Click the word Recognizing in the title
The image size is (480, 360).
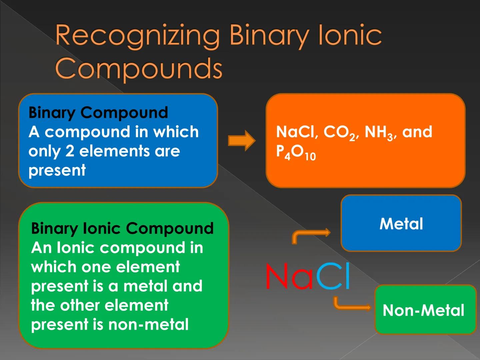point(137,36)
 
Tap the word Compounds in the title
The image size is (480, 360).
point(138,68)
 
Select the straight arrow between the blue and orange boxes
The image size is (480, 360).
point(242,141)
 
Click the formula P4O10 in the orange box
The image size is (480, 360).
point(296,152)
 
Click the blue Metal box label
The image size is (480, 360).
point(401,224)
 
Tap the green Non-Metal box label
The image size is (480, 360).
point(423,310)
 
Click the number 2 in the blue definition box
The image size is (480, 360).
point(70,151)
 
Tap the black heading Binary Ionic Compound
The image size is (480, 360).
point(122,228)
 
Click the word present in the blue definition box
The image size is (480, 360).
point(57,170)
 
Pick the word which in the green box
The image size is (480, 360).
point(53,267)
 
